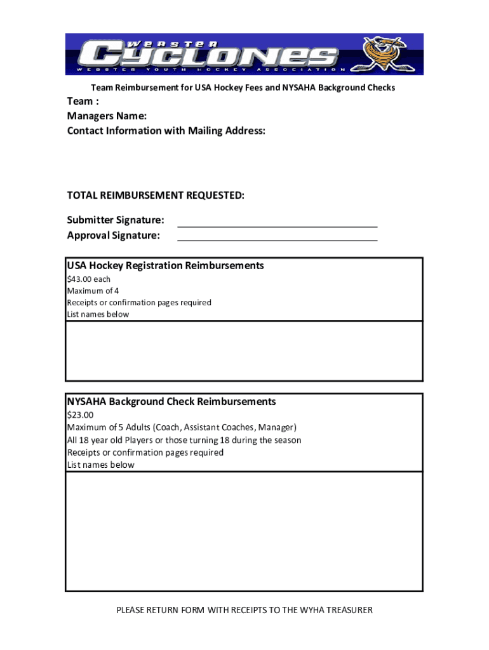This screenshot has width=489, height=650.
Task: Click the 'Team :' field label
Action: click(83, 102)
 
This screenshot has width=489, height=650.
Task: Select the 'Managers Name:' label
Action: click(107, 116)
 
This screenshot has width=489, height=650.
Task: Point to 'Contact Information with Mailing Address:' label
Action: click(166, 131)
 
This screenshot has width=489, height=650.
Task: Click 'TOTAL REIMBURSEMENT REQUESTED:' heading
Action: click(156, 196)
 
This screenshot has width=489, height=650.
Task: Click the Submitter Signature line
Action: click(278, 225)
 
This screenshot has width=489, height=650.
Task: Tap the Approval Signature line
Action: click(278, 240)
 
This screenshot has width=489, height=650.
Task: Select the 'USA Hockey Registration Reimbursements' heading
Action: click(165, 265)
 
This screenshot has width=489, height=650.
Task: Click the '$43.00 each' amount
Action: click(88, 279)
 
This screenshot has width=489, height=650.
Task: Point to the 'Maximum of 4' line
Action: click(93, 291)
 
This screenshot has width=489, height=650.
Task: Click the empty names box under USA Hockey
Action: click(244, 350)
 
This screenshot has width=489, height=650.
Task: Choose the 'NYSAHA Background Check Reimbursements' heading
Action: click(171, 402)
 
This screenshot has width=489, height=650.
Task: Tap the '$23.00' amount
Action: click(80, 416)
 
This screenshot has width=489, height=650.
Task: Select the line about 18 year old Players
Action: click(184, 440)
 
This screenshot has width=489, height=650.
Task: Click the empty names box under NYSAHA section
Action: click(244, 531)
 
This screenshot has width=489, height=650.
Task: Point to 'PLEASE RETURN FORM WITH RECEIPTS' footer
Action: click(244, 611)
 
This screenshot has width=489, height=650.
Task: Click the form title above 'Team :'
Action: click(243, 88)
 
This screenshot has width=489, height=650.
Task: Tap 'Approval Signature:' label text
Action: click(114, 235)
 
